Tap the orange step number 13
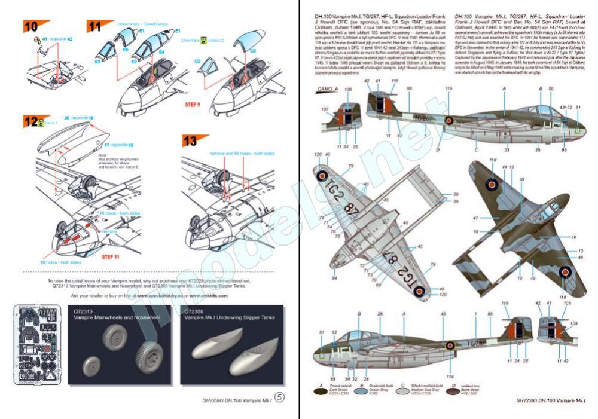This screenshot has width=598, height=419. [190, 141]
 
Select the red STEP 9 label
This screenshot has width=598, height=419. [193, 104]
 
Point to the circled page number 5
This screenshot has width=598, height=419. [279, 399]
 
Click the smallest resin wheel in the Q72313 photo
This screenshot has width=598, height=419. [93, 364]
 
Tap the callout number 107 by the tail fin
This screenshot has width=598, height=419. [325, 109]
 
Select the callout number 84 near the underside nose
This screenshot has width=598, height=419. [335, 277]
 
